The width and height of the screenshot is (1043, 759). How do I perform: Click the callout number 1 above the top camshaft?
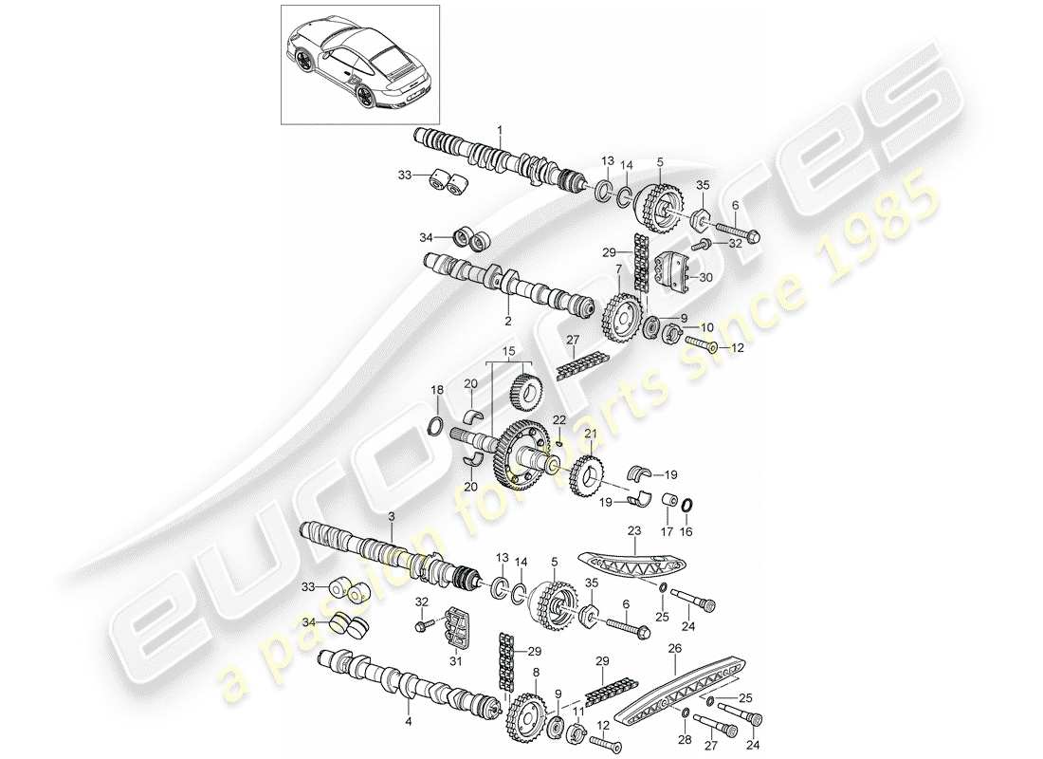(501, 129)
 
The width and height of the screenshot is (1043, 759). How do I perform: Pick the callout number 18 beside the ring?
(437, 390)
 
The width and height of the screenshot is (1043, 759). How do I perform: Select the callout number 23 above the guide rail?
(634, 533)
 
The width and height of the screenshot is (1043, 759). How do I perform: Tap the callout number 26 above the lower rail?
(674, 650)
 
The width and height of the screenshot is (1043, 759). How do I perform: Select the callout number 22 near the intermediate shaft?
(559, 420)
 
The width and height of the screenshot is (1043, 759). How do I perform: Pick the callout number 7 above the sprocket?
(617, 270)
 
